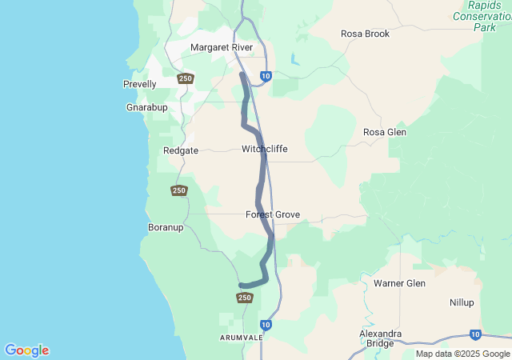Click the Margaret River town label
[x=222, y=47]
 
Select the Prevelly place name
[x=140, y=84]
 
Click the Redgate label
[x=180, y=150]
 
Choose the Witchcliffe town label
[x=265, y=149]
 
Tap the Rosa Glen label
[x=385, y=132]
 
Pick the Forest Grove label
[x=273, y=214]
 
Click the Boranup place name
[x=166, y=227]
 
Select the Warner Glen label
[x=400, y=283]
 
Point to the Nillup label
[x=462, y=302]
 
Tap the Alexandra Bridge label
[x=381, y=338]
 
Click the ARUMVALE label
[x=241, y=338]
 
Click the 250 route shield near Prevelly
[x=186, y=78]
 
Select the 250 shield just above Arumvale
[x=245, y=298]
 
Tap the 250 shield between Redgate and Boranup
[x=179, y=190]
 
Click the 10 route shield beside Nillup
[x=476, y=334]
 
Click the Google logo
[x=26, y=350]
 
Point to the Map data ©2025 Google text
[x=462, y=354]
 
